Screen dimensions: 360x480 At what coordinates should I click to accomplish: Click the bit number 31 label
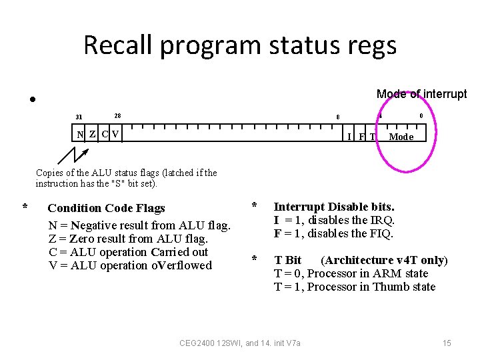[x=79, y=117]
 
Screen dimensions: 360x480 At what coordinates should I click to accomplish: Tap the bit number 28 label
[x=117, y=115]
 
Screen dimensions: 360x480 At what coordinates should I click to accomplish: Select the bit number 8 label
[x=338, y=117]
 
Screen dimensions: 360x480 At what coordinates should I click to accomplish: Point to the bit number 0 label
[x=421, y=116]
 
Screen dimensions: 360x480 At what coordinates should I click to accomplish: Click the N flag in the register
[x=80, y=134]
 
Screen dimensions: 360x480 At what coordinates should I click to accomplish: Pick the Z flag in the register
[x=93, y=134]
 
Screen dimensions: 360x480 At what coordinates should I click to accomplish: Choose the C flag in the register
[x=105, y=134]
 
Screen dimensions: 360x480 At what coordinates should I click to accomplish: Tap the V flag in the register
[x=116, y=134]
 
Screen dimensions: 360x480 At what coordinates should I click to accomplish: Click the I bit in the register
[x=349, y=137]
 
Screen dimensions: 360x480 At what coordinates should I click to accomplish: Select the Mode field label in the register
[x=401, y=137]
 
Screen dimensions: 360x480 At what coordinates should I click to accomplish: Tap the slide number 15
[x=447, y=343]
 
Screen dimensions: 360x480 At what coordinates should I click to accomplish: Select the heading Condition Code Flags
[x=106, y=208]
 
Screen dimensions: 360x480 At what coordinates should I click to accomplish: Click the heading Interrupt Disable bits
[x=334, y=207]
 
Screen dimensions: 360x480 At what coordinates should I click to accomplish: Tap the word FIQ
[x=383, y=234]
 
